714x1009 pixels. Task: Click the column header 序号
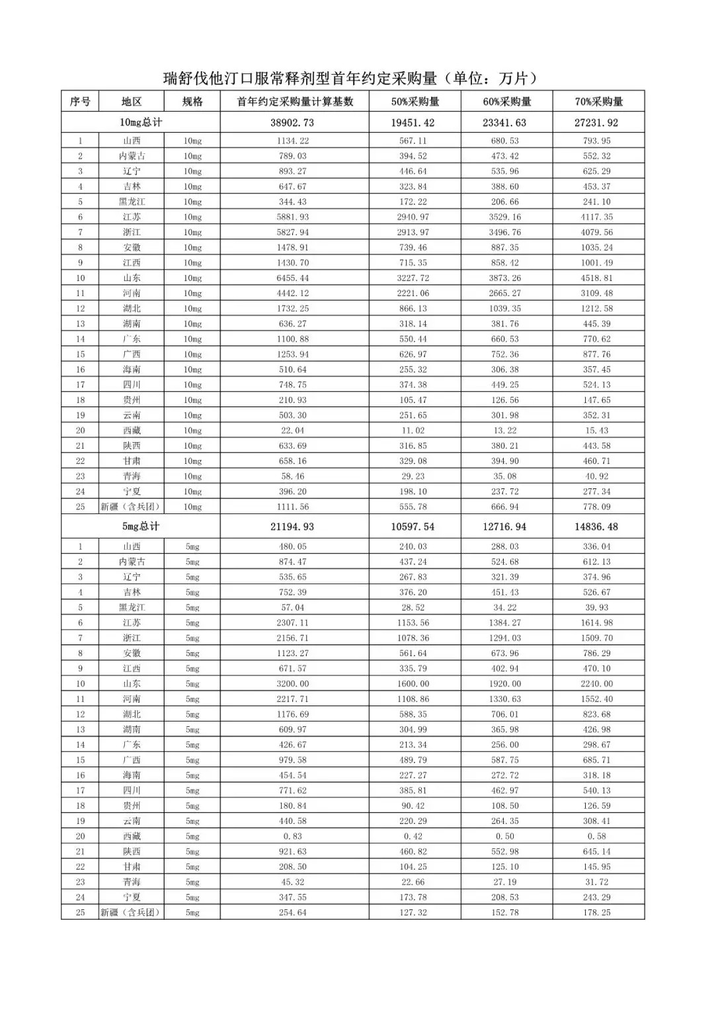80,102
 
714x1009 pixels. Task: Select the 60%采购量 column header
506,102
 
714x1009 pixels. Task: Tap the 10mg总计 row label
140,122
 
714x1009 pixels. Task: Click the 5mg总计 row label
140,527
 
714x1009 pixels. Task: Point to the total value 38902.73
292,123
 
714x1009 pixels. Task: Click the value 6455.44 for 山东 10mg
293,278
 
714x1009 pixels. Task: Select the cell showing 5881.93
293,217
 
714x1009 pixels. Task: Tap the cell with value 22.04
293,431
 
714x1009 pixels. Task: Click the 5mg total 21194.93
292,527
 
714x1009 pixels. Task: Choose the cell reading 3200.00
293,684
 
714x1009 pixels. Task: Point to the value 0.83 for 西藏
293,837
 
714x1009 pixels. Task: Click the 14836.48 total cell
597,527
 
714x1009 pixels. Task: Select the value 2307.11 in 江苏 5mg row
293,623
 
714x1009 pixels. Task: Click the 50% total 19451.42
415,123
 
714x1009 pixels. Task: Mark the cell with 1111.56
293,507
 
